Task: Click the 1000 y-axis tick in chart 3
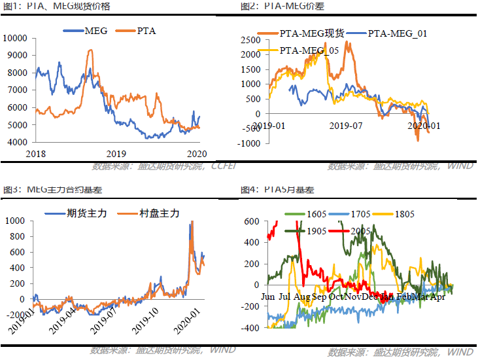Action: (16, 221)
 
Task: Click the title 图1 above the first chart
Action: (12, 6)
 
